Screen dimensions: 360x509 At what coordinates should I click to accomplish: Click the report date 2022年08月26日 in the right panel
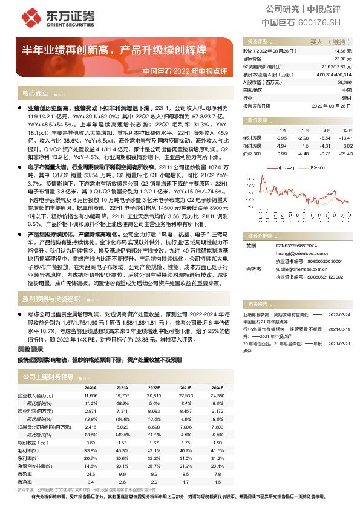coord(332,105)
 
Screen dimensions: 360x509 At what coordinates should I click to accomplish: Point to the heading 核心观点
coord(34,93)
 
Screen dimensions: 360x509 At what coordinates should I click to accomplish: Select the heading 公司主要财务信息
coord(48,376)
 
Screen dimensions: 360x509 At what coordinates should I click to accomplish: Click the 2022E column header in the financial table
coord(153,387)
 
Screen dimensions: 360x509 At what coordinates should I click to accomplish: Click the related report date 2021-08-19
coord(339,329)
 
